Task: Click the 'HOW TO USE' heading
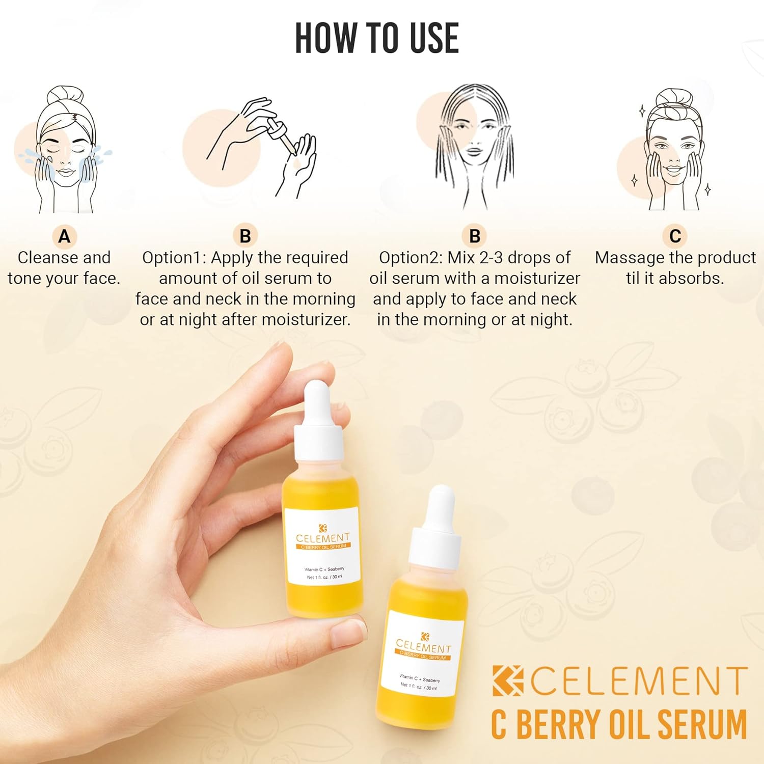pos(377,38)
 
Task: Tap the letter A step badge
pos(64,236)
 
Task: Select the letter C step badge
pos(675,236)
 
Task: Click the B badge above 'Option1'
pos(245,236)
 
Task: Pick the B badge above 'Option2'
pos(474,236)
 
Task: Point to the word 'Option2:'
pos(411,258)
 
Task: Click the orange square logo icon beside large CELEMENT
pos(507,680)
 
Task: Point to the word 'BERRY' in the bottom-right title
pos(558,724)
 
